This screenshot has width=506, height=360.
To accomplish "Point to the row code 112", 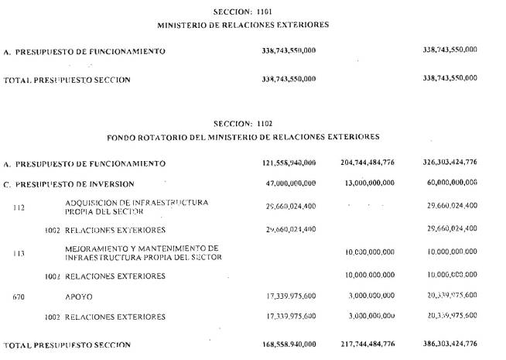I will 19,207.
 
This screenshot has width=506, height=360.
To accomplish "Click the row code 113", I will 19,253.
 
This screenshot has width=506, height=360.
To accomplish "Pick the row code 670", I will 19,296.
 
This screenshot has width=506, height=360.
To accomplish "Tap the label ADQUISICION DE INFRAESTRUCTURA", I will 137,202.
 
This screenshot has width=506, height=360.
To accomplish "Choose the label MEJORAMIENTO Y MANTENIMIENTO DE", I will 142,248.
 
